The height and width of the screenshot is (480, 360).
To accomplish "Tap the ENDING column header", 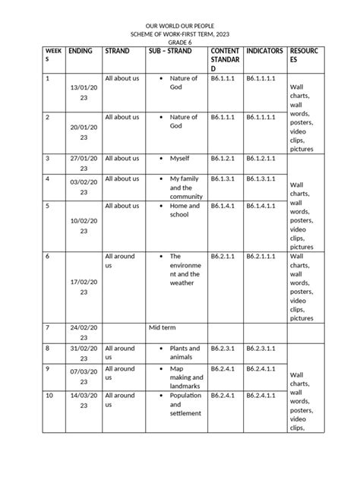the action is pyautogui.click(x=81, y=51).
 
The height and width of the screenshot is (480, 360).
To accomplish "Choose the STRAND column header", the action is pyautogui.click(x=117, y=51).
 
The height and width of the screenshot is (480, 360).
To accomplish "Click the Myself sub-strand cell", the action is pyautogui.click(x=179, y=159).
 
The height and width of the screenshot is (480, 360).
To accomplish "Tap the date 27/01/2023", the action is pyautogui.click(x=83, y=159).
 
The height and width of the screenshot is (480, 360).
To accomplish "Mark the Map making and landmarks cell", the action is pyautogui.click(x=185, y=377).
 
